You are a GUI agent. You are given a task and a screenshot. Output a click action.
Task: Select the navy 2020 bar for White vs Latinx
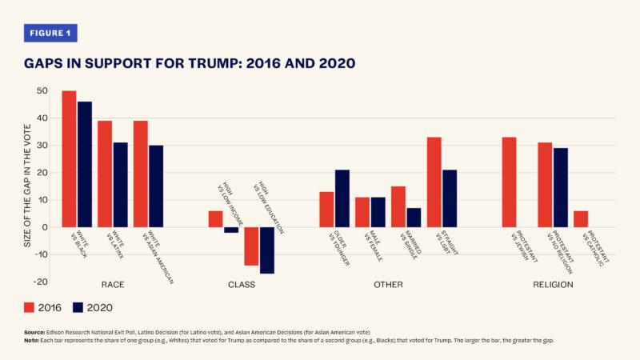[120, 185]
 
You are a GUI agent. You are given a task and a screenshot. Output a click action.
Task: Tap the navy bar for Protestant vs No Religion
[561, 187]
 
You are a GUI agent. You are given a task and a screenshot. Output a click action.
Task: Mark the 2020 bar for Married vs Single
[414, 218]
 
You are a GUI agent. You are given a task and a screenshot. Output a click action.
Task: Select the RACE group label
[112, 285]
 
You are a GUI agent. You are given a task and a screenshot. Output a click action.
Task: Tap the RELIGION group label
[554, 285]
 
